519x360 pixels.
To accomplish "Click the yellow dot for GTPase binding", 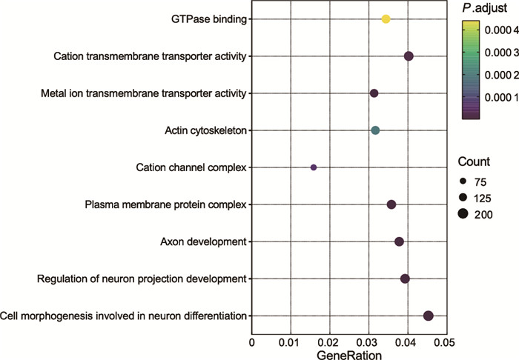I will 386,19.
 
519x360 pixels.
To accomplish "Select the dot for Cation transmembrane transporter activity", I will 409,56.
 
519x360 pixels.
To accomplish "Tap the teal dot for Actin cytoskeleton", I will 375,130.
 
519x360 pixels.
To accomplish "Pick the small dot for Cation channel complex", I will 314,167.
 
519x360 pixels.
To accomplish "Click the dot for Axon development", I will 399,241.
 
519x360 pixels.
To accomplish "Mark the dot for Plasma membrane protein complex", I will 391,204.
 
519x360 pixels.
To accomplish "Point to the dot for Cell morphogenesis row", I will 428,316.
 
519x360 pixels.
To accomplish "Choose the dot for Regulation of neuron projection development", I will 405,279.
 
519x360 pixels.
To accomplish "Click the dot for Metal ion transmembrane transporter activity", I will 374,93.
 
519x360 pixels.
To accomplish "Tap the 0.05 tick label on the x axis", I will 444,343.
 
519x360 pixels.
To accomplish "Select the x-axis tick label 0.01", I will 290,343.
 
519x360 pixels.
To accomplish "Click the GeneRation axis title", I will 349,355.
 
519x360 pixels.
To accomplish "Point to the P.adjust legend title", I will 483,8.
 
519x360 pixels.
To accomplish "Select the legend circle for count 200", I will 463,214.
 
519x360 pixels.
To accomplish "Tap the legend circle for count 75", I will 463,180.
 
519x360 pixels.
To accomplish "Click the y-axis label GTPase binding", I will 208,19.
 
